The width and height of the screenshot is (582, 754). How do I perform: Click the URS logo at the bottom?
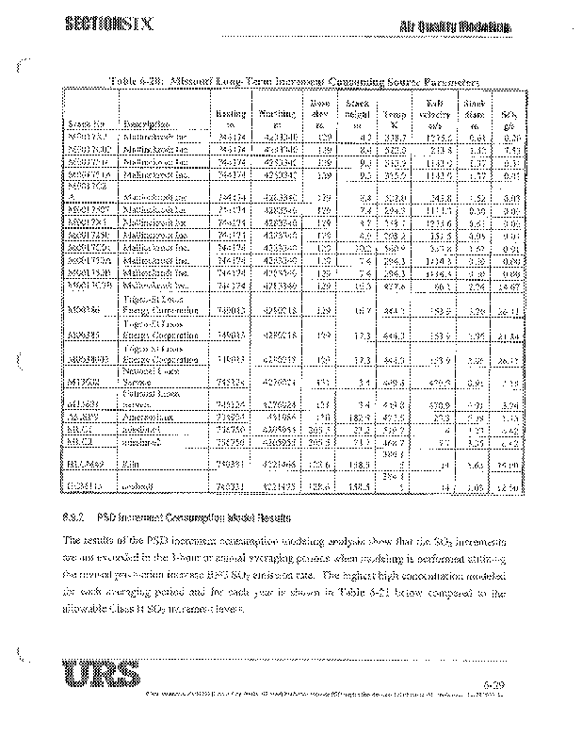click(102, 677)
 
